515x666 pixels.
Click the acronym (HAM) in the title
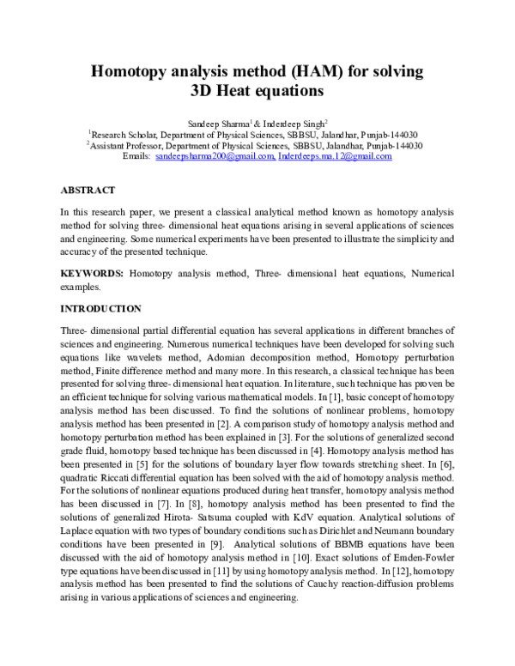289,70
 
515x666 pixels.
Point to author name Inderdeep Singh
288,124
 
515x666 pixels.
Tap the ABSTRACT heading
88,188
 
